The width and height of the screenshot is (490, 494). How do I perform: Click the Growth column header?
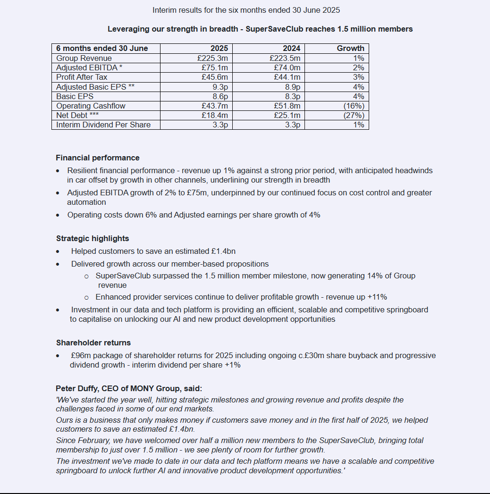click(350, 48)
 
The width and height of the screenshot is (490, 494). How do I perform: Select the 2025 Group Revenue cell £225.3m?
click(212, 58)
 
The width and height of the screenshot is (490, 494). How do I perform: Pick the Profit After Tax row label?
click(82, 77)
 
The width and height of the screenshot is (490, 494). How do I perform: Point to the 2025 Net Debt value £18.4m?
click(214, 115)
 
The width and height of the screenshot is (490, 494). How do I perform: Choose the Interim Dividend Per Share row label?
click(103, 125)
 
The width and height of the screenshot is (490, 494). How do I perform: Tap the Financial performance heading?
click(98, 158)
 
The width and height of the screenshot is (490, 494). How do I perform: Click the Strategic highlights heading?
click(93, 238)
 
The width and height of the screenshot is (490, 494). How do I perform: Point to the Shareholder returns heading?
click(93, 343)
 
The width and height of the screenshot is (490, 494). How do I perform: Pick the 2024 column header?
click(291, 48)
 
